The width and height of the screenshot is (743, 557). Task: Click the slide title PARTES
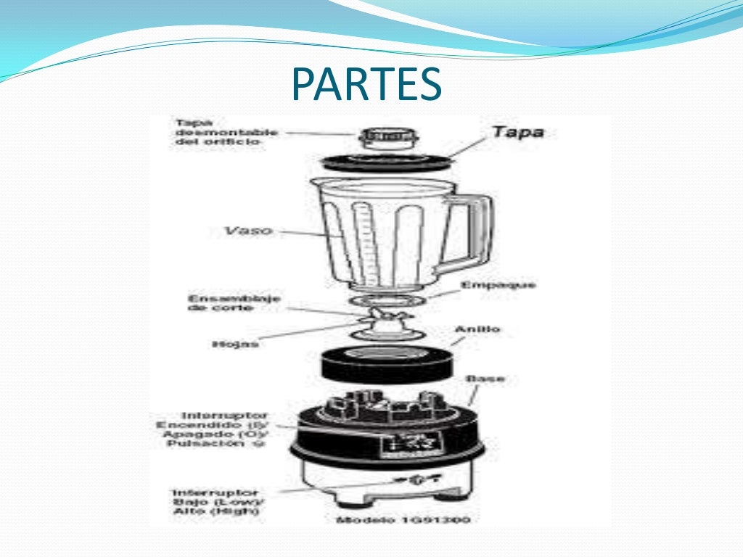(x=366, y=86)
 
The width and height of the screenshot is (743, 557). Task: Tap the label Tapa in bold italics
(x=517, y=133)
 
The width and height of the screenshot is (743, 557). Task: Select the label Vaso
(x=247, y=231)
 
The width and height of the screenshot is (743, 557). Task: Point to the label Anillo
(x=477, y=329)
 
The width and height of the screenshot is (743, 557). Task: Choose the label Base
(x=485, y=379)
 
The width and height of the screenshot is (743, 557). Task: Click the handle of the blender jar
(x=475, y=232)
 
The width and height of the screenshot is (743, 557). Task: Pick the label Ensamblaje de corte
(x=224, y=303)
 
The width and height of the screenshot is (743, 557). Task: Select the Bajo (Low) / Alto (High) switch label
(x=218, y=502)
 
